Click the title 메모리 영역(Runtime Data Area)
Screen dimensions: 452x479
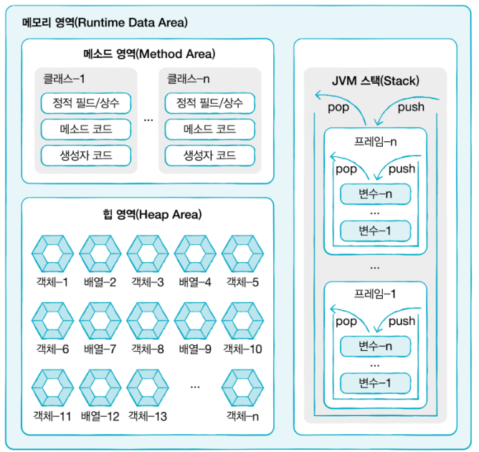[x=105, y=22]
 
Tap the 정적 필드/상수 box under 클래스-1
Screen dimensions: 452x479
[x=86, y=103]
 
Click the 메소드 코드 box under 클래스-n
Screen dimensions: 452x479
[x=209, y=129]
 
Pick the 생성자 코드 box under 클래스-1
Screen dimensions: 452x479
[x=86, y=155]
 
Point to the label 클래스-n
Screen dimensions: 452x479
[x=188, y=79]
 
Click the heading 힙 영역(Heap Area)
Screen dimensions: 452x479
[x=148, y=214]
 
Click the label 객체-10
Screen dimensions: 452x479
[x=242, y=350]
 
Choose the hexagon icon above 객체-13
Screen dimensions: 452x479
[x=147, y=387]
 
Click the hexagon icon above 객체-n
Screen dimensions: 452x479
[x=242, y=387]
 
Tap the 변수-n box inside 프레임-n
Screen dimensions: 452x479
[x=375, y=193]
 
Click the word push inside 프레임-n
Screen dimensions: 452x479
[x=402, y=170]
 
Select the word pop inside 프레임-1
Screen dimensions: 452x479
[x=346, y=322]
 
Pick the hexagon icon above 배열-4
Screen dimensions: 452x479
[x=194, y=253]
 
